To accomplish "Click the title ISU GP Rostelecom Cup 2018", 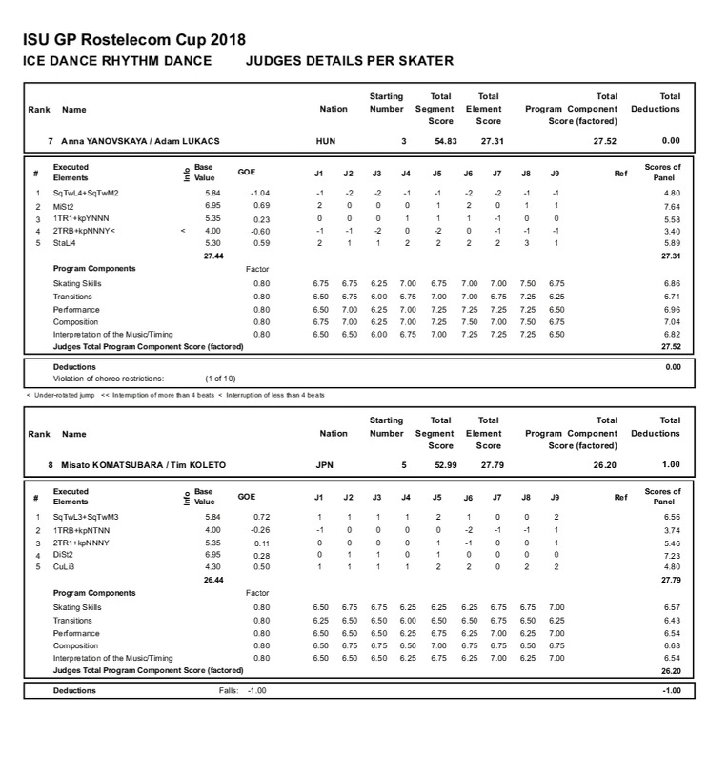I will coord(133,40).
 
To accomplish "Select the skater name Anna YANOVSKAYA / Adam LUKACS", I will coord(140,141).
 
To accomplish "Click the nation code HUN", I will coord(325,141).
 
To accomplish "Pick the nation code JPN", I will coord(325,464).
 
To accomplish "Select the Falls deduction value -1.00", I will coord(257,690).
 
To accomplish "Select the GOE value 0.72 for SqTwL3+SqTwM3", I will coord(259,517).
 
